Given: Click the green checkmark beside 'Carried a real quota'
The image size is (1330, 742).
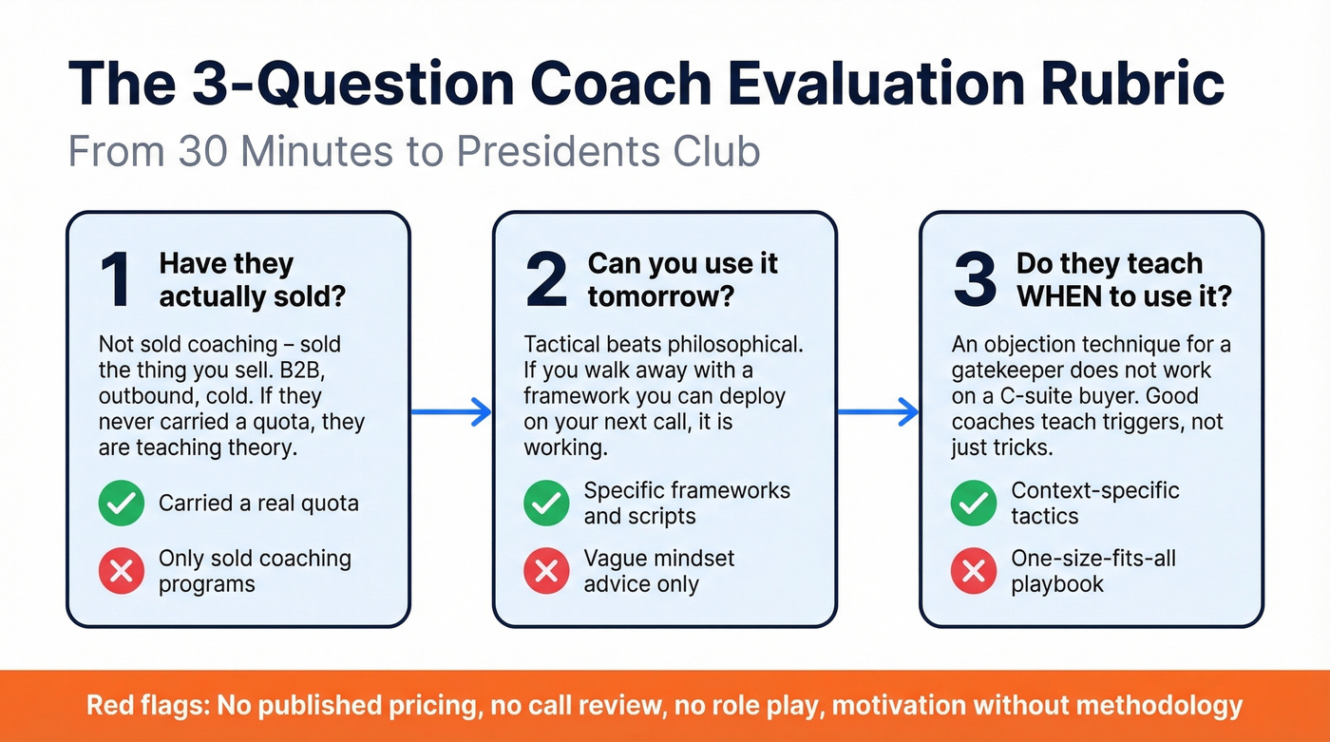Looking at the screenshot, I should (x=122, y=504).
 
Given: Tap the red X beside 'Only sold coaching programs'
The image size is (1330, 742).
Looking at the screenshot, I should (x=122, y=570).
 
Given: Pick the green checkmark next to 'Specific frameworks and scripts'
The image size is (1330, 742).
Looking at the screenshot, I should (x=547, y=504).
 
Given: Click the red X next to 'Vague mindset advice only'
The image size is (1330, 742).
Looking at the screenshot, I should (x=547, y=570).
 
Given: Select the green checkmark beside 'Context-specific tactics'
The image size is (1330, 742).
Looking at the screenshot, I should (x=974, y=504).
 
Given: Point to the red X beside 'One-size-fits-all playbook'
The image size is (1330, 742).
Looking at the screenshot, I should (x=974, y=570).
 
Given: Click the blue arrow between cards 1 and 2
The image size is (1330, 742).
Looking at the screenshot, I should (x=451, y=411).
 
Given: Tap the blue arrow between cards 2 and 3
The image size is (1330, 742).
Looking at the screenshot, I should (x=878, y=411).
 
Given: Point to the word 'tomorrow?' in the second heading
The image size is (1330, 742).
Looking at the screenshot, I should (x=661, y=296).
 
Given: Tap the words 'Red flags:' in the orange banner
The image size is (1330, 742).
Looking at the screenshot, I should (x=147, y=706).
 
